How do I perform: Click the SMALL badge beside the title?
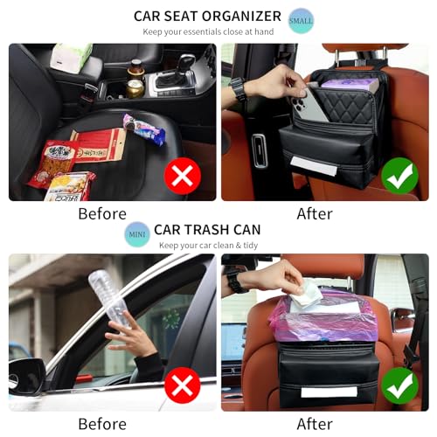click(x=301, y=20)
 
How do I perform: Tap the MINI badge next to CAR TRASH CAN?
click(x=136, y=233)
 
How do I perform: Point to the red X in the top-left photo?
click(x=182, y=177)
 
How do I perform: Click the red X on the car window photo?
click(x=182, y=385)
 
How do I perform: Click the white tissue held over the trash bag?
click(x=306, y=295)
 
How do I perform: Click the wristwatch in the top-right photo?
click(x=238, y=89)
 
